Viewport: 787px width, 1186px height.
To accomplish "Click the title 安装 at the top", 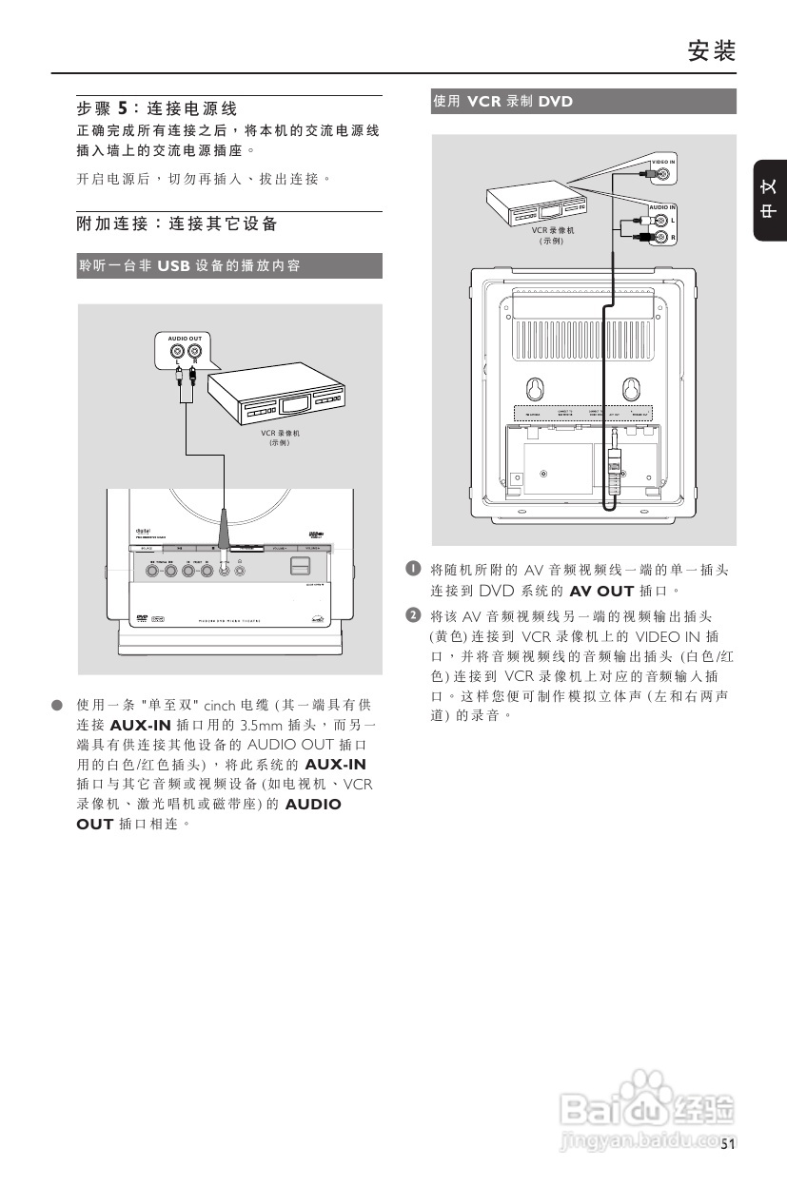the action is (x=713, y=51).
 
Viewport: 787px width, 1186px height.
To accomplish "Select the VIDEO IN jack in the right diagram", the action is (x=663, y=174).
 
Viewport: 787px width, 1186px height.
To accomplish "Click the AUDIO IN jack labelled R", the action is (x=663, y=237).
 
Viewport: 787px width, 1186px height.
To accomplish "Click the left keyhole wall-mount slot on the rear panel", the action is (x=536, y=390).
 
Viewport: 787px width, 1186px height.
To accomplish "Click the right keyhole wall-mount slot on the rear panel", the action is (x=631, y=390).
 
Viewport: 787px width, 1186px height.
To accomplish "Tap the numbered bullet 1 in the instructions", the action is (x=413, y=569).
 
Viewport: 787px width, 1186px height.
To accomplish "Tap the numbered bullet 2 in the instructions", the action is (x=413, y=614).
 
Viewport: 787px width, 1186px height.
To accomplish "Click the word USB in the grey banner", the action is (x=174, y=266).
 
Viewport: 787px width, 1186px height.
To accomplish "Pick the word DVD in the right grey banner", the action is (x=556, y=102).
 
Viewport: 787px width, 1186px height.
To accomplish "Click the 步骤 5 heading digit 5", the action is (x=122, y=109).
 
